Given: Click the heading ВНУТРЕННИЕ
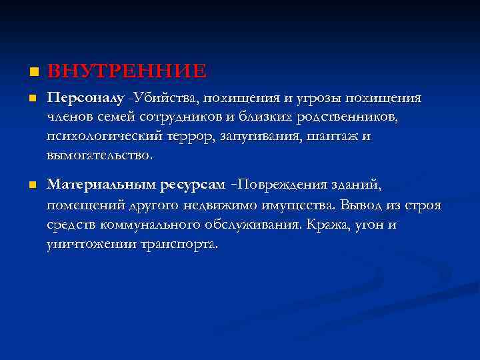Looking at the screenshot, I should point(127,70).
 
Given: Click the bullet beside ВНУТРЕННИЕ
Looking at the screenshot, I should point(25,71).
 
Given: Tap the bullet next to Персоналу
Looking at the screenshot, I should point(25,99).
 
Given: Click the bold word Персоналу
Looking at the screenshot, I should point(86,98).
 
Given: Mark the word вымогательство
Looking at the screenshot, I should point(99,156).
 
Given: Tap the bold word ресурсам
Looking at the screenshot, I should point(197,184).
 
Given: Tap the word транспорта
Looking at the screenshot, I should point(179,244).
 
